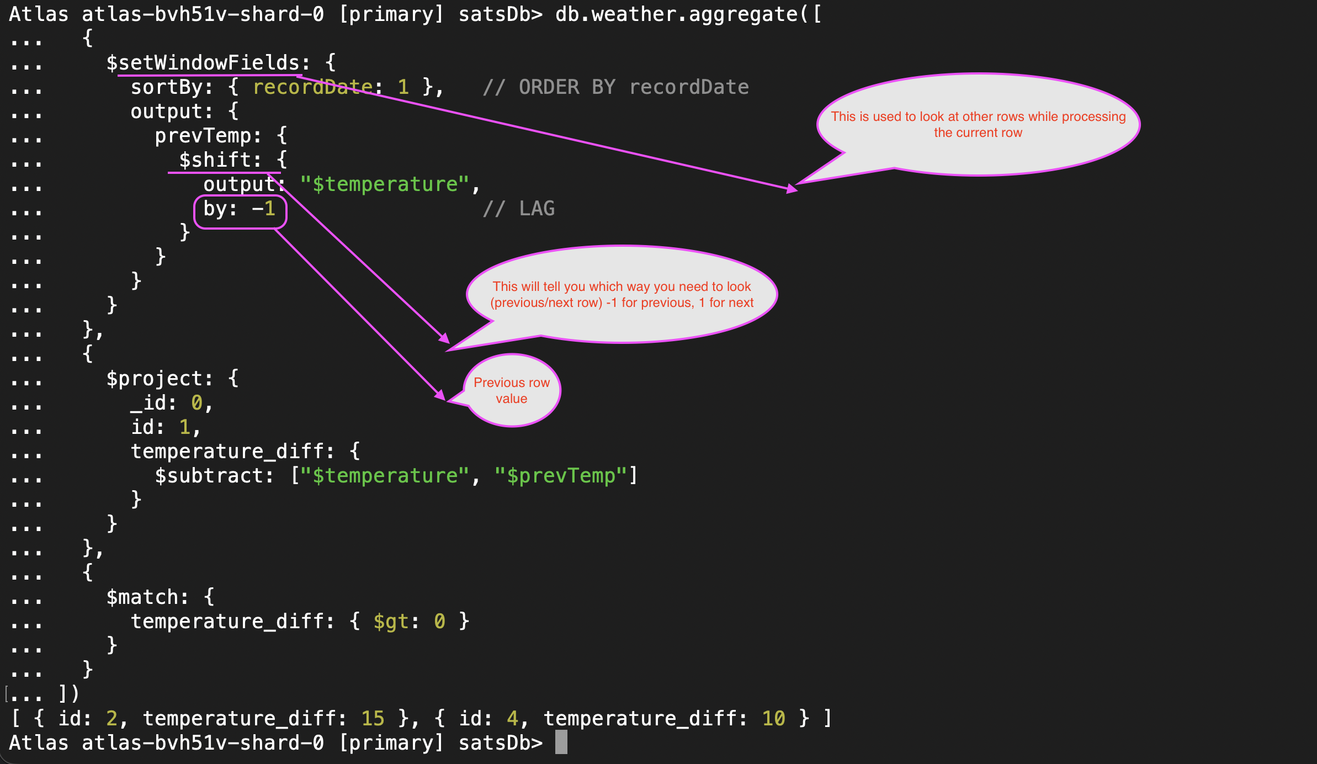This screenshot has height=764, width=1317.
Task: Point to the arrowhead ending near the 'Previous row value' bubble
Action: tap(445, 400)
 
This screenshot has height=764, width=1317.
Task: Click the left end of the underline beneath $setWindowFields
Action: tap(118, 75)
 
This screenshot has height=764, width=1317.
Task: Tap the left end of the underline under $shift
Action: tap(168, 173)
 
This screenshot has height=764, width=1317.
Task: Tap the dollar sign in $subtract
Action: tap(161, 475)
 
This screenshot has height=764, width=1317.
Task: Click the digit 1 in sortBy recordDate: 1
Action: tap(403, 87)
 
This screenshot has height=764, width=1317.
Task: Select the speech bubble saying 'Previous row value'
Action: tap(511, 390)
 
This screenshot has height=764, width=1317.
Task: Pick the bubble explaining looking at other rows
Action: tap(978, 125)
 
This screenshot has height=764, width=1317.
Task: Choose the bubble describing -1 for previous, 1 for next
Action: tap(622, 294)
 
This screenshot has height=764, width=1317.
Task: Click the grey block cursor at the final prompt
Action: tap(561, 742)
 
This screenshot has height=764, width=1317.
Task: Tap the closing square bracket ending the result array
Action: tap(827, 718)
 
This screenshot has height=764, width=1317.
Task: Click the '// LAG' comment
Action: tap(519, 208)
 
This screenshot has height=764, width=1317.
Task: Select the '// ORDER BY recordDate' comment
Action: tap(616, 87)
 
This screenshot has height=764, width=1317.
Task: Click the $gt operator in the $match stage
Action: tap(391, 622)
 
